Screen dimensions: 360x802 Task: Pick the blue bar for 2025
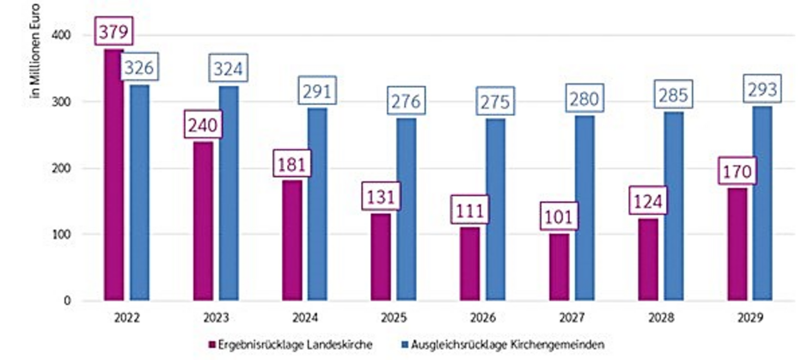407,210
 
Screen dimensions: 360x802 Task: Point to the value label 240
202,126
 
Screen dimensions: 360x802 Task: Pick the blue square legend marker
403,345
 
